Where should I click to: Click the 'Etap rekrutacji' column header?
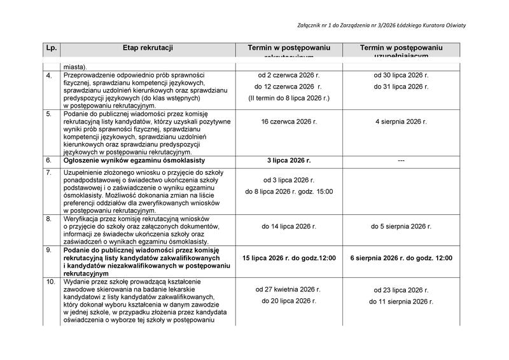point(148,48)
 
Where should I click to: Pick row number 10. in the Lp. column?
point(50,281)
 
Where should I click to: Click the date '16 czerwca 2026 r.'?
point(289,121)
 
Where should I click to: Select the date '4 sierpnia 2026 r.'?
point(401,121)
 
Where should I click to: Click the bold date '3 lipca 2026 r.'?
point(289,160)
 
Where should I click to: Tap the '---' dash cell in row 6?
point(401,160)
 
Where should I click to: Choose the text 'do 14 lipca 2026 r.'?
point(289,226)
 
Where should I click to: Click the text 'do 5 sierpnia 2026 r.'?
point(401,226)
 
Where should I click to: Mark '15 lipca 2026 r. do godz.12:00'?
point(289,258)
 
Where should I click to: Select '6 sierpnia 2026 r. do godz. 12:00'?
point(401,258)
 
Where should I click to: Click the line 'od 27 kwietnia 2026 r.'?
point(289,289)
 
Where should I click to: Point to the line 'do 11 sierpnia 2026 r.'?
point(401,301)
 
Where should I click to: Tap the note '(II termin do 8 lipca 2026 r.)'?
point(289,98)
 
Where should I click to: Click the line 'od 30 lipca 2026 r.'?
point(401,76)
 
